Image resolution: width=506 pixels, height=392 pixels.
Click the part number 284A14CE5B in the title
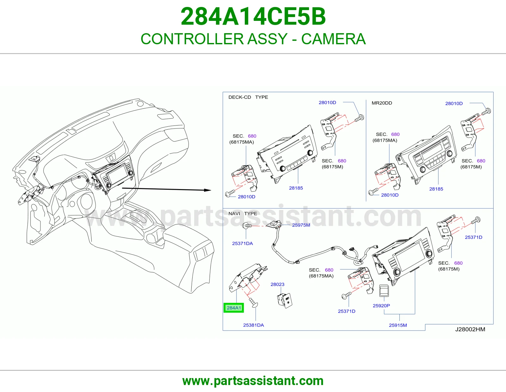(253, 16)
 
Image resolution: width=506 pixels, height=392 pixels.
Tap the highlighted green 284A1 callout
(234, 308)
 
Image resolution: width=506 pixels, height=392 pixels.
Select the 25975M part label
(301, 225)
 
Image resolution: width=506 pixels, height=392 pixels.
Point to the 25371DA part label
(242, 243)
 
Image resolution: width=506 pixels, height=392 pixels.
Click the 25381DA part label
(254, 325)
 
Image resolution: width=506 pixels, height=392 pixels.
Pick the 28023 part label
(277, 284)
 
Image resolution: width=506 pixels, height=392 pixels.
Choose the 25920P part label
(381, 306)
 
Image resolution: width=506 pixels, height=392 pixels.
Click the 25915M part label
(398, 325)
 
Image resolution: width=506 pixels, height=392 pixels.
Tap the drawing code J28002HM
(470, 329)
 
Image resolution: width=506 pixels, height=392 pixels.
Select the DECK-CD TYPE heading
(248, 97)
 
